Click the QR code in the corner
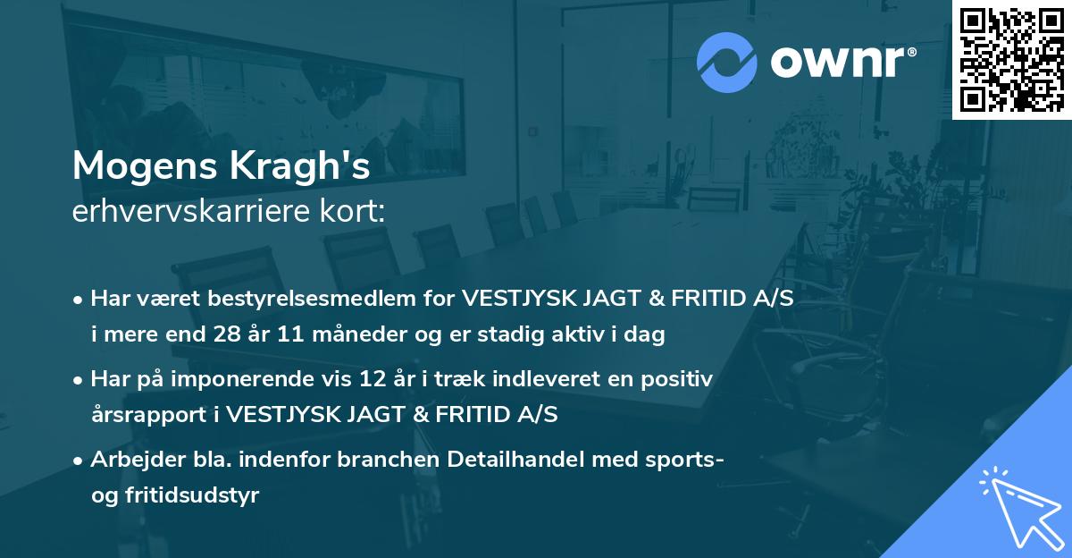point(1010,59)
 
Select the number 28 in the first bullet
point(244,335)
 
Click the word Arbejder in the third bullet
point(130,460)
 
